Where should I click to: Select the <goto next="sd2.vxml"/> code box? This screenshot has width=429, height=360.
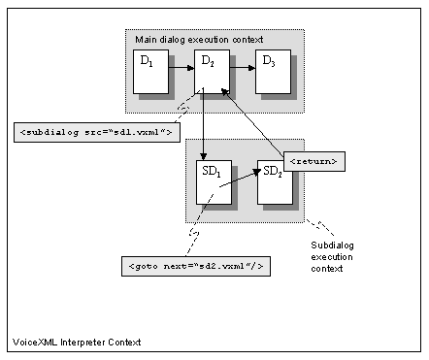coord(193,263)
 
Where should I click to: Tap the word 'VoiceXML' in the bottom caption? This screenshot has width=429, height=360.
coord(34,342)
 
